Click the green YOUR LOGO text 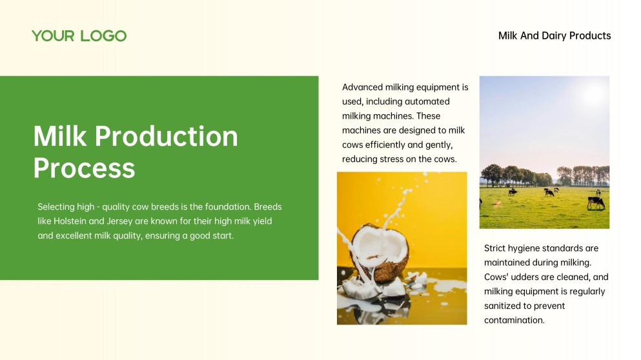(79, 36)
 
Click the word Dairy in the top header (554, 36)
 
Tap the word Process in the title (84, 168)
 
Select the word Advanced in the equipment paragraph (362, 87)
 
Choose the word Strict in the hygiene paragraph (496, 248)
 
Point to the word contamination (514, 320)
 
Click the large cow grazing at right (596, 203)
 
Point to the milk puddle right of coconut (445, 287)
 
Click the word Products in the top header (590, 36)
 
